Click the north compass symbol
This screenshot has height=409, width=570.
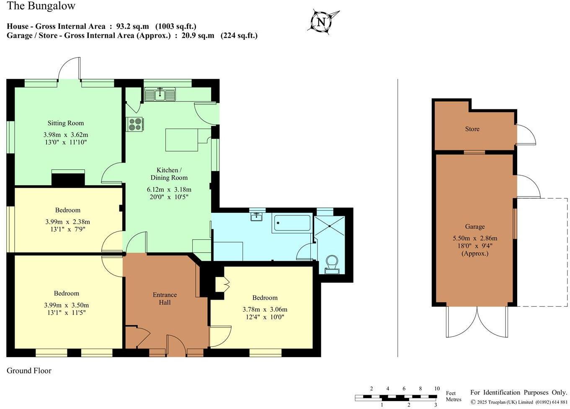(321, 22)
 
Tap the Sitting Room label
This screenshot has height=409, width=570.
(65, 123)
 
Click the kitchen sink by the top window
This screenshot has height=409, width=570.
(160, 95)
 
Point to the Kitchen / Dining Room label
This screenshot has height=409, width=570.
(169, 174)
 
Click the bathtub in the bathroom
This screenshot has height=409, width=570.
(291, 224)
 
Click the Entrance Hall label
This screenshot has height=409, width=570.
(165, 298)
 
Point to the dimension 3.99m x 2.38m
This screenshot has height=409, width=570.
(67, 222)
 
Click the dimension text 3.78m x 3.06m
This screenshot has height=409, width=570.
(265, 310)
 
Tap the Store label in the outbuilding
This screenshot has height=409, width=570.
(472, 129)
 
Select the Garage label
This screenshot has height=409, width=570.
(475, 227)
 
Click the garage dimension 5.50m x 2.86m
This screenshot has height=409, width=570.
(475, 238)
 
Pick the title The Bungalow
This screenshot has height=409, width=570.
(41, 6)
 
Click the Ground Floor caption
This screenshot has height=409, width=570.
(29, 370)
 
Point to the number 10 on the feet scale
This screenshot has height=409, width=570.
(436, 388)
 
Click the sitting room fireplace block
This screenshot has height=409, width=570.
(68, 179)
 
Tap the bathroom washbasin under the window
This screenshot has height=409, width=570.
(256, 217)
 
